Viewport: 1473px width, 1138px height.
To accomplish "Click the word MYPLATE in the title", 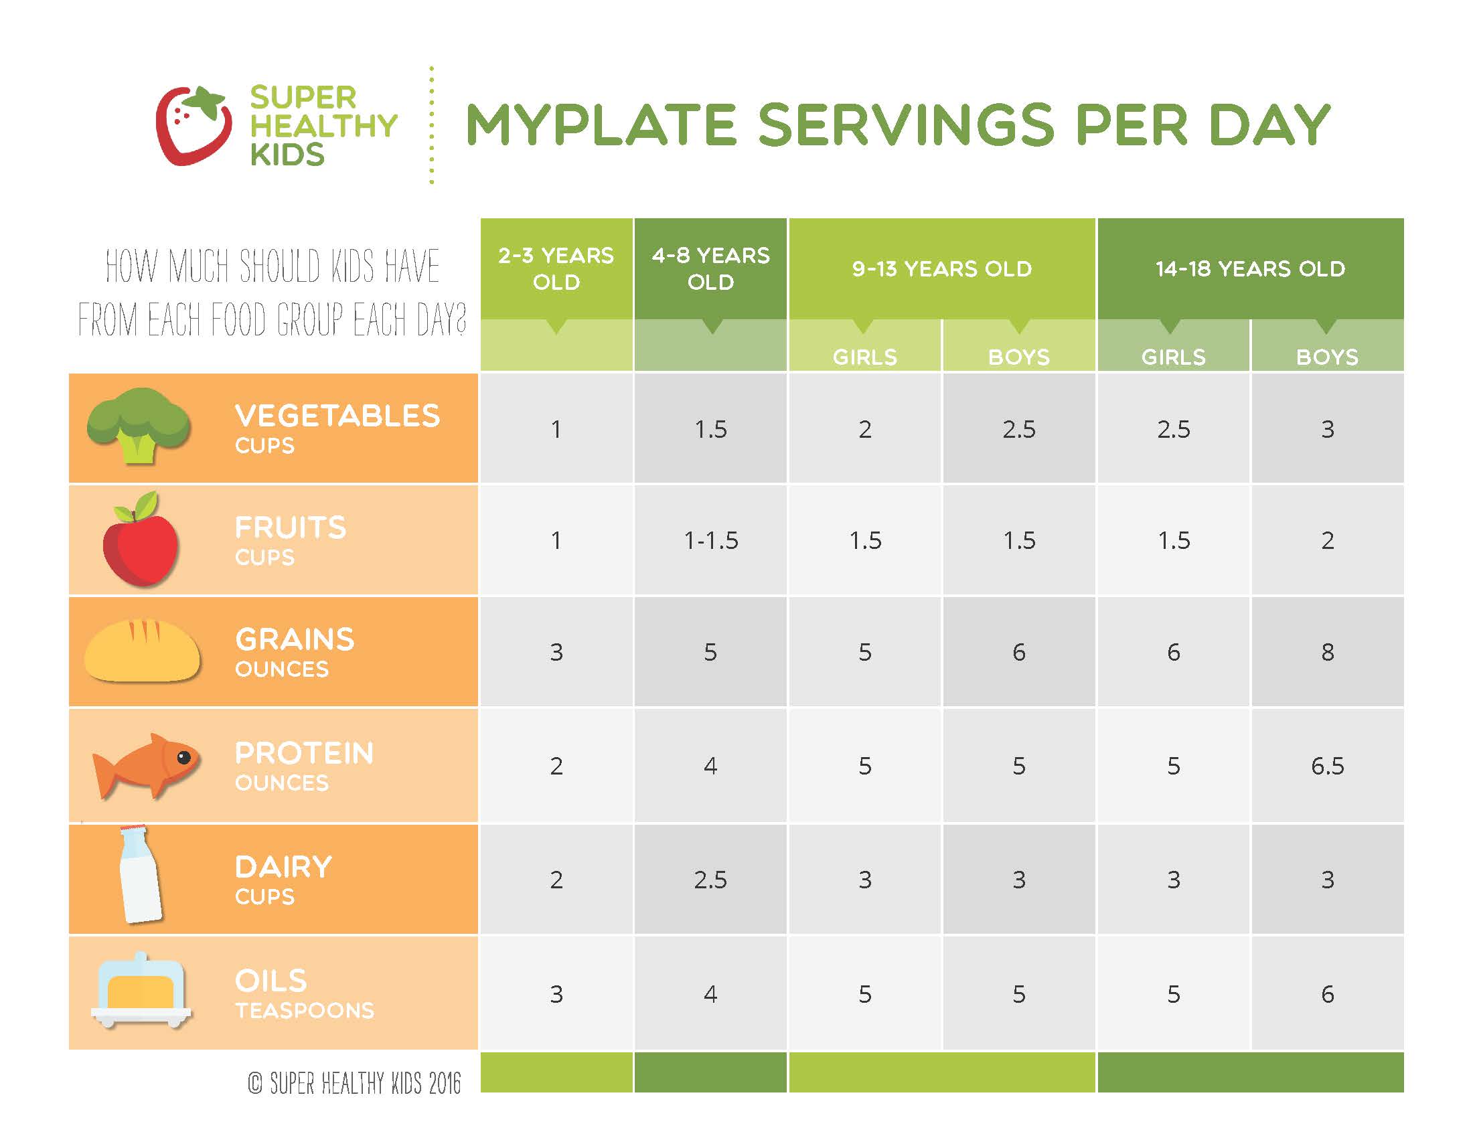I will point(601,125).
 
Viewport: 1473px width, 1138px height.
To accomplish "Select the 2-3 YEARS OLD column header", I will point(556,268).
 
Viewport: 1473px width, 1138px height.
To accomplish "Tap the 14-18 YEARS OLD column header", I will point(1250,268).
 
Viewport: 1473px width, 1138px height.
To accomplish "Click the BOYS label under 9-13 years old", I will point(1018,357).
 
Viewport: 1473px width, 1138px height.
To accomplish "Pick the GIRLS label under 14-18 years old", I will point(1173,357).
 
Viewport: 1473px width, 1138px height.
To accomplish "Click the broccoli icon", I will point(139,424).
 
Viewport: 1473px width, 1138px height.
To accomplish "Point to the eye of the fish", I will point(183,757).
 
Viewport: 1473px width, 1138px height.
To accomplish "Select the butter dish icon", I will point(141,991).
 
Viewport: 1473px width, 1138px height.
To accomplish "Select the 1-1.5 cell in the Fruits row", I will point(711,541).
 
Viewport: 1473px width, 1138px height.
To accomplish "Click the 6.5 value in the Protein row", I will point(1326,766).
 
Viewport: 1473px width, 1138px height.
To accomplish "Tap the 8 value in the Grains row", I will point(1326,652).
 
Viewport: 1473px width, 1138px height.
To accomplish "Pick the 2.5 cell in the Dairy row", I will point(710,880).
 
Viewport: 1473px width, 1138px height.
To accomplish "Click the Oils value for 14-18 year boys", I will point(1326,993).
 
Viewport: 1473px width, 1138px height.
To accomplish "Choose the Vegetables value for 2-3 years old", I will point(556,430).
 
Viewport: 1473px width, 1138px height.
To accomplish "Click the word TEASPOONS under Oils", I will point(304,1011).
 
